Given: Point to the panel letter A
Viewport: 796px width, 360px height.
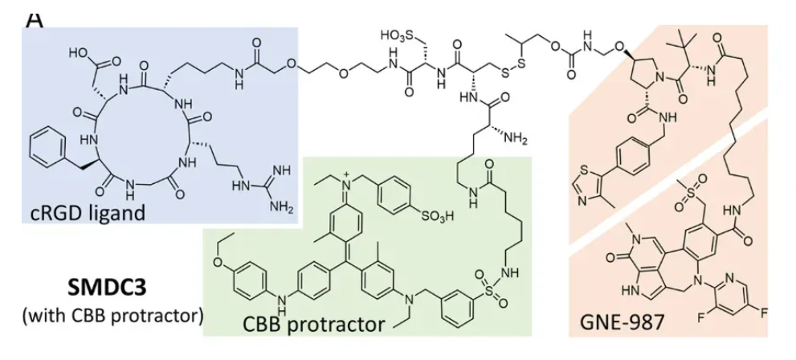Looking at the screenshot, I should click(35, 18).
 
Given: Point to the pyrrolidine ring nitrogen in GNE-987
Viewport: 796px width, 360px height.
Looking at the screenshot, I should click(659, 79).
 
